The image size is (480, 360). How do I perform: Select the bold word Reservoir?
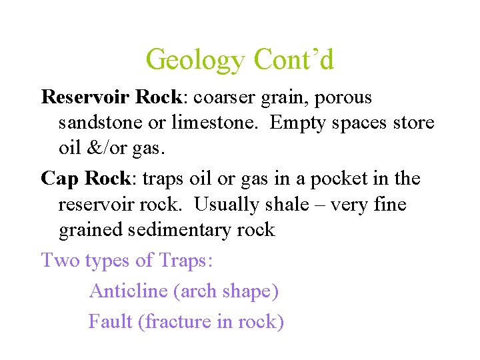click(x=86, y=97)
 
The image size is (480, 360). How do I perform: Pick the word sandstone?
click(x=98, y=123)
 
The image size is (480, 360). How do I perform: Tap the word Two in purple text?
click(x=60, y=260)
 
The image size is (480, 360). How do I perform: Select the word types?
click(x=109, y=261)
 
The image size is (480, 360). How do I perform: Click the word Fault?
click(x=111, y=321)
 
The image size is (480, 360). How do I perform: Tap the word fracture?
click(x=175, y=321)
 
